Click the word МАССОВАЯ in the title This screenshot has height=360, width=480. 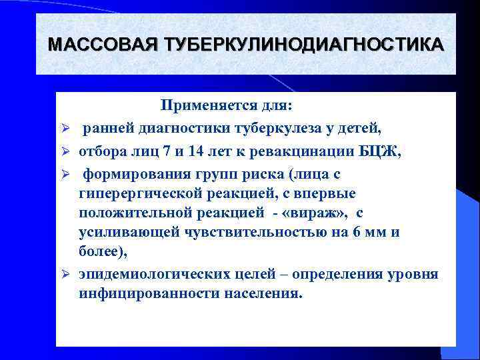[103, 45]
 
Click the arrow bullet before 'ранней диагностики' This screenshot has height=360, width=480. [67, 128]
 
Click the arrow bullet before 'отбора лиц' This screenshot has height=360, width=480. [67, 151]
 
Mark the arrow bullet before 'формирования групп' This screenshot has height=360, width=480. [67, 175]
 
